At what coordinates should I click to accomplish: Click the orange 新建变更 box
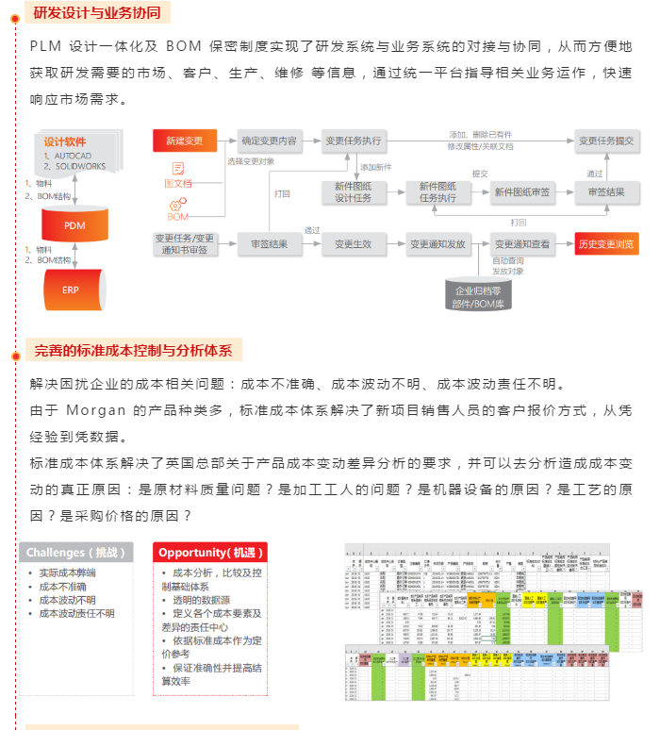pos(185,141)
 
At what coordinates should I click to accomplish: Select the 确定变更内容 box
pos(269,141)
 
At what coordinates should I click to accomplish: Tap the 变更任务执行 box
pos(353,141)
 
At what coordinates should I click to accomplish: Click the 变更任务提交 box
pos(605,141)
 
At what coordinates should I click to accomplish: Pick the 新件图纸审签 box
pos(521,191)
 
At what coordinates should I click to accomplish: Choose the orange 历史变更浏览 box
pos(606,244)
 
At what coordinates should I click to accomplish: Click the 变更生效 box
pos(353,244)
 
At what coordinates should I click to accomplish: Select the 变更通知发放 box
pos(437,244)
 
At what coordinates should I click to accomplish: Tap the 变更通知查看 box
pos(521,244)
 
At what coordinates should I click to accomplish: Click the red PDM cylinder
pos(74,225)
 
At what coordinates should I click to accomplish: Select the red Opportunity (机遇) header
pos(211,552)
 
